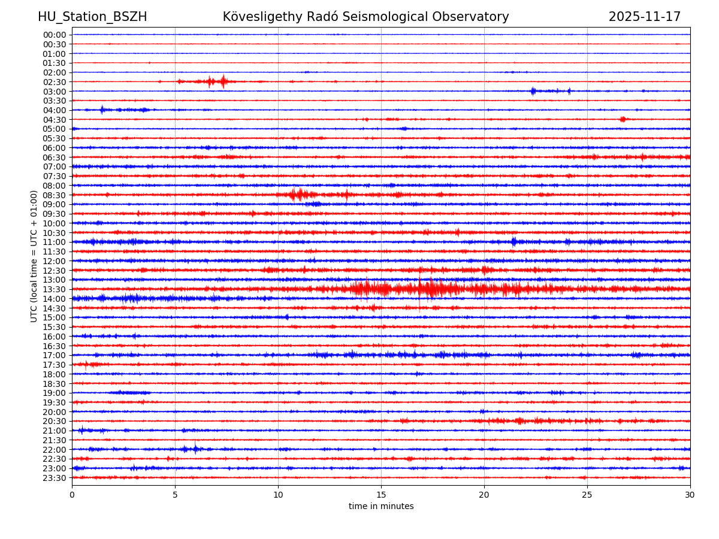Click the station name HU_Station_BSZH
[x=92, y=17]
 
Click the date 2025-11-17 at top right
[x=644, y=17]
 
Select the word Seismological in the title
[x=430, y=17]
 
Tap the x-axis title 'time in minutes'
[x=381, y=506]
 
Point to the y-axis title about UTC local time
[x=34, y=256]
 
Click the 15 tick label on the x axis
[x=381, y=495]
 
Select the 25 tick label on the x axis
[x=587, y=495]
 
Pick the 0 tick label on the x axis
[x=72, y=495]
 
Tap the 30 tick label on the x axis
[x=690, y=495]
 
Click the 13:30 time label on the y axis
[x=55, y=289]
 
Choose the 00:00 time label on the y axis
[x=55, y=35]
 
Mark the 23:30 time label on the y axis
[x=55, y=478]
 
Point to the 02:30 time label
[x=55, y=81]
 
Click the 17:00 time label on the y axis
[x=55, y=355]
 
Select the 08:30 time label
[x=55, y=195]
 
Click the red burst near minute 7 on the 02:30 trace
[x=223, y=81]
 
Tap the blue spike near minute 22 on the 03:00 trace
[x=533, y=91]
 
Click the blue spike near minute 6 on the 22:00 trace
[x=195, y=449]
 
